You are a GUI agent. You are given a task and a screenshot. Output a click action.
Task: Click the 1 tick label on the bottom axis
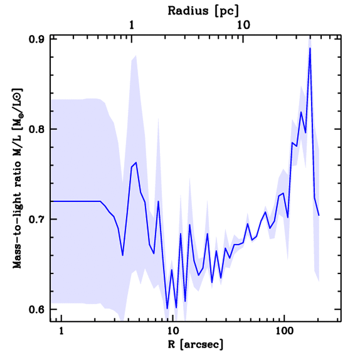point(62,331)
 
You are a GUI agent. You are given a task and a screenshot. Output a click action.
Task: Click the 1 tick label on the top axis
point(132,25)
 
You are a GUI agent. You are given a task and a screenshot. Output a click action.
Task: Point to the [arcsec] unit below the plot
point(204,345)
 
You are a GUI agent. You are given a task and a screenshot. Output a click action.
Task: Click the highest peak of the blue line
point(310,48)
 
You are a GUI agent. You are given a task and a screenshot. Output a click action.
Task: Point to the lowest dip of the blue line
point(167,309)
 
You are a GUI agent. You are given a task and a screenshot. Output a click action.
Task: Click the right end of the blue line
point(319,215)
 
